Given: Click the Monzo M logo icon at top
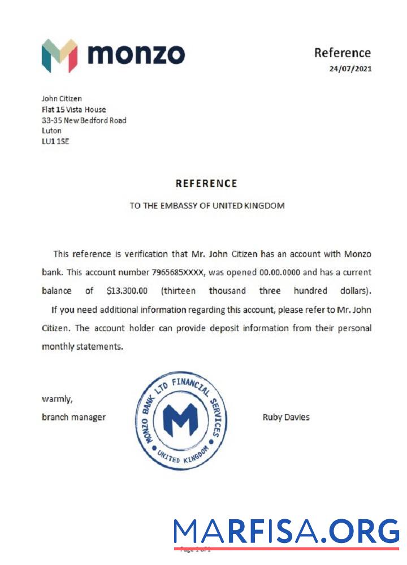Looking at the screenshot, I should tap(59, 55).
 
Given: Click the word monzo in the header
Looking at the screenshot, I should tap(136, 55).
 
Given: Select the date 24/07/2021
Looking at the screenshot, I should tap(350, 69).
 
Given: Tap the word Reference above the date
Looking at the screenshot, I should tap(343, 53).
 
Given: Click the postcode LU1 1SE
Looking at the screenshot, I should tap(55, 141).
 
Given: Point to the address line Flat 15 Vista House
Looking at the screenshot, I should tap(74, 110).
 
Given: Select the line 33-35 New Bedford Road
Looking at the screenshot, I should tap(84, 120).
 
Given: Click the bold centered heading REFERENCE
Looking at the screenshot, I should tap(206, 184).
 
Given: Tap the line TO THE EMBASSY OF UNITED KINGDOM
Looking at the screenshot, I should tap(207, 206).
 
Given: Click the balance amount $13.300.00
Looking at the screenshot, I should tap(127, 291).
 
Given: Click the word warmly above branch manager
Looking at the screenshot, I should tap(57, 399).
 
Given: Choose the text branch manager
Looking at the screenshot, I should tap(73, 418).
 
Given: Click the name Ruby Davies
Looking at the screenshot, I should tap(286, 418).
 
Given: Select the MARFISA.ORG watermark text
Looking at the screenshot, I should tap(287, 532).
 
